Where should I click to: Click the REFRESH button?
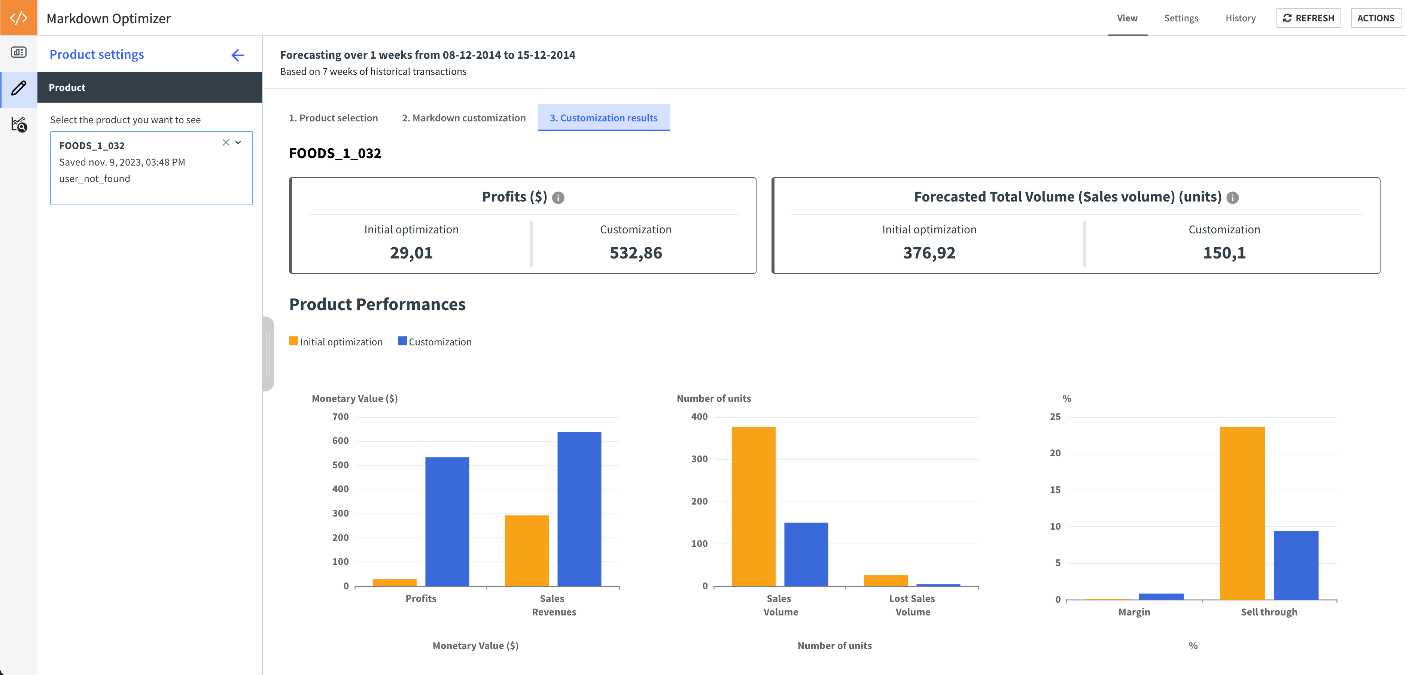pos(1308,18)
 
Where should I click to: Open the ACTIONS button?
pos(1375,18)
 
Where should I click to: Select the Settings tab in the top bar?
pos(1181,18)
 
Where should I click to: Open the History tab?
pos(1240,18)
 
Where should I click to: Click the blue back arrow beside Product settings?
pos(237,55)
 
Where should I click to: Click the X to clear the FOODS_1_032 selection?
pos(225,143)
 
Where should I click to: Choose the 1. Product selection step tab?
pos(333,118)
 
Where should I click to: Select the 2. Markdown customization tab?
pos(463,118)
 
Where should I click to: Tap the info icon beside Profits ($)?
pos(558,198)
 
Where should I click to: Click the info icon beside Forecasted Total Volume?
pos(1232,198)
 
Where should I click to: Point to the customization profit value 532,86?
pos(635,253)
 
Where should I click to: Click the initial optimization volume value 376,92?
pos(929,253)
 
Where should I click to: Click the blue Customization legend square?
pos(402,341)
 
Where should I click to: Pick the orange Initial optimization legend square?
pos(293,341)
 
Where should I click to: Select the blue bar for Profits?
pos(447,521)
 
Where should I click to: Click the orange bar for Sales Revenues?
pos(526,551)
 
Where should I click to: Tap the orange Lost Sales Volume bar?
pos(885,581)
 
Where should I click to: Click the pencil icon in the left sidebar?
pos(19,87)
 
